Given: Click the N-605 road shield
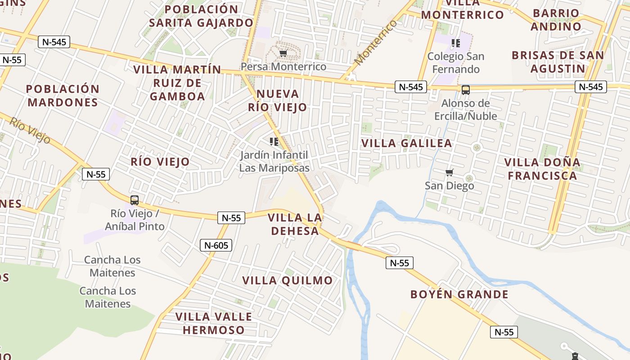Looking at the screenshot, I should pos(216,245).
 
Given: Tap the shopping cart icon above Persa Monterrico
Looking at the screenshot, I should pos(283,54).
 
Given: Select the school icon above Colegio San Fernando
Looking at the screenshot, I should pos(456,43).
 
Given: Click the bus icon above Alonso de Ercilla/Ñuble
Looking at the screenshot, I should pos(466,90).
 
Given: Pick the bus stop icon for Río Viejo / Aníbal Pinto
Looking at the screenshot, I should pos(134,200).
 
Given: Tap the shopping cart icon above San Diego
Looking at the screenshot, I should pos(449,173).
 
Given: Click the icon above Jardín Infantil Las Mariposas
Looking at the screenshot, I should pos(274,142).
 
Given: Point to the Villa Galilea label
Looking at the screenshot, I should pos(407,144).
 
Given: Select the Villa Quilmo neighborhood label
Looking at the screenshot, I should pos(288,280).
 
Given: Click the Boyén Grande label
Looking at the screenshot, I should pos(459,295).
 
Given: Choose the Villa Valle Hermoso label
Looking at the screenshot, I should pos(213,323).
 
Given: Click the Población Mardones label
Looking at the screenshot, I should pos(63,95).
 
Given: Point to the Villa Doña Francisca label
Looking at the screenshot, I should pos(542,169).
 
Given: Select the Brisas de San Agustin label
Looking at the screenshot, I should pos(558,62).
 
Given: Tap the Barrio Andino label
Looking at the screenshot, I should pos(556,20).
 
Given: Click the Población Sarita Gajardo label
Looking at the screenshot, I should pos(201,16).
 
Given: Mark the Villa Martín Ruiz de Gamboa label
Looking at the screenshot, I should pos(177,83).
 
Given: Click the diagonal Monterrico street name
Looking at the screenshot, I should pos(376,43).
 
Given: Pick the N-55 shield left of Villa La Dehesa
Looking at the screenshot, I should pos(231,218).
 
